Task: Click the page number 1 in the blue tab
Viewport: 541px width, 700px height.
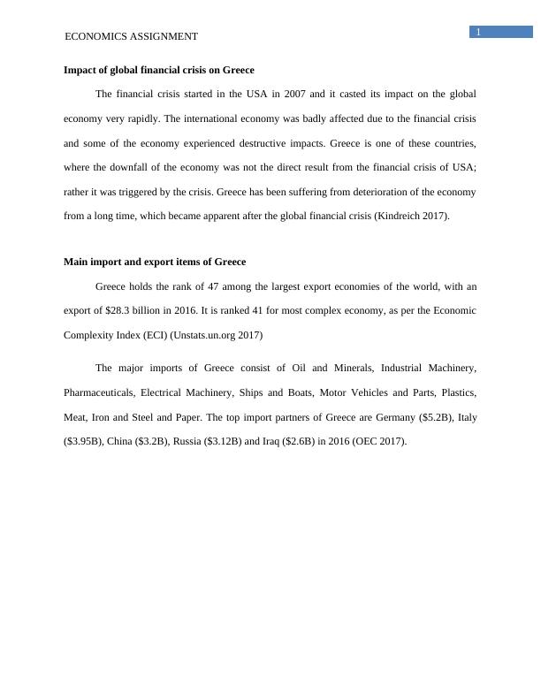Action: tap(478, 33)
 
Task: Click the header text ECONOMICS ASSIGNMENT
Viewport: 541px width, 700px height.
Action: tap(132, 36)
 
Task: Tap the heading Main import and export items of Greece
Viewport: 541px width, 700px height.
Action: tap(155, 262)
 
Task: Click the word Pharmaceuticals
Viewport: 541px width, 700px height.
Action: tap(98, 392)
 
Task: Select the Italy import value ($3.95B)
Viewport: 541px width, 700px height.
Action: tap(85, 442)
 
